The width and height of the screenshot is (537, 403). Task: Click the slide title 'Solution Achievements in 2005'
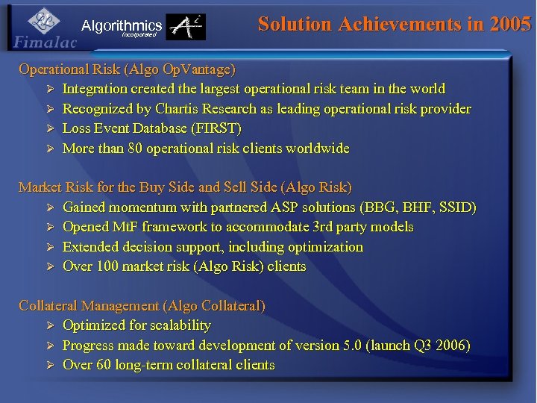395,24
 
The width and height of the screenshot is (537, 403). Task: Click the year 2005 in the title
511,24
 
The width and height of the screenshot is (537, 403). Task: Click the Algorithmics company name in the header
122,26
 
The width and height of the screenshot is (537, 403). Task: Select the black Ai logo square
185,28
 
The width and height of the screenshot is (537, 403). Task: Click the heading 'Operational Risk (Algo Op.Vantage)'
127,69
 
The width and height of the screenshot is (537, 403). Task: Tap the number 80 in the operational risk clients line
135,149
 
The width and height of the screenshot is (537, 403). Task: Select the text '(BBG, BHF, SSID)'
418,207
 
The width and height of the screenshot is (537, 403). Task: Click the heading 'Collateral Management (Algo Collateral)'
142,305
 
